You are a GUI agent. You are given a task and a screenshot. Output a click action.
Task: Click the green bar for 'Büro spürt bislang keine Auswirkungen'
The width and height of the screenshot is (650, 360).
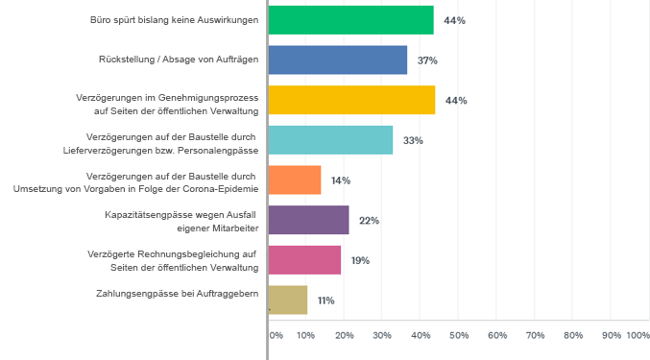tap(350, 20)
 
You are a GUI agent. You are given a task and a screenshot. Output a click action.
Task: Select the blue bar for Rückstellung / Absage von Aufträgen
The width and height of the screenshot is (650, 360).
tap(337, 60)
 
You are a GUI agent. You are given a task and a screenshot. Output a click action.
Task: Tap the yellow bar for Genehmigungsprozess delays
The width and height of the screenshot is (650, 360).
tap(351, 100)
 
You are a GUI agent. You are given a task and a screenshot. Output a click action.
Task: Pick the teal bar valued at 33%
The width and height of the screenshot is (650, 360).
tap(330, 140)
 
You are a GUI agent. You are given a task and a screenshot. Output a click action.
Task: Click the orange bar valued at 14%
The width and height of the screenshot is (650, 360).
tap(295, 180)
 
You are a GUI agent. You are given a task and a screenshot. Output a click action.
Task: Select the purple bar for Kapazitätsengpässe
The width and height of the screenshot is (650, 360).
tap(308, 220)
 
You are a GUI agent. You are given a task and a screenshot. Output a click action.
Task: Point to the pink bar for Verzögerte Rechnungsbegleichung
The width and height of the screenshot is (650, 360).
tap(304, 260)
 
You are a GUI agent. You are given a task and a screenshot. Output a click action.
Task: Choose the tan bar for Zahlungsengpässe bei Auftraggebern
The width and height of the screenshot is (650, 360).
tap(288, 300)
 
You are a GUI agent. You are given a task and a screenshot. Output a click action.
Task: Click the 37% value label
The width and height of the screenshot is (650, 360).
tap(427, 60)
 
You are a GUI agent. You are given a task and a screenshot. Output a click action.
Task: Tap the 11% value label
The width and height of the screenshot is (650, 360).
tap(325, 300)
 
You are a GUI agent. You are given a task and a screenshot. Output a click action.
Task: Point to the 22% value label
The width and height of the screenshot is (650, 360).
tap(369, 221)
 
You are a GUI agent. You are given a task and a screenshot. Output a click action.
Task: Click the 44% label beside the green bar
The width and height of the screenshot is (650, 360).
tap(455, 20)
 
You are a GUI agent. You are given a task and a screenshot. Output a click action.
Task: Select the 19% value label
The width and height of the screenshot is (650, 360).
tap(360, 260)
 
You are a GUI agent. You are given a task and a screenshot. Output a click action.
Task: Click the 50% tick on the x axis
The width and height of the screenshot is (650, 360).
tap(459, 335)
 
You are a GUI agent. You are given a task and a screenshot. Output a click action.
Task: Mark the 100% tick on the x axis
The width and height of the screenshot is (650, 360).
tap(638, 335)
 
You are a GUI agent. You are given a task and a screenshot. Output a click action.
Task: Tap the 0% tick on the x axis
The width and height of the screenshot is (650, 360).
tap(276, 335)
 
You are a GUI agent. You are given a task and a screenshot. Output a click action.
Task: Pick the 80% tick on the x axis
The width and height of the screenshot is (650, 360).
tap(573, 335)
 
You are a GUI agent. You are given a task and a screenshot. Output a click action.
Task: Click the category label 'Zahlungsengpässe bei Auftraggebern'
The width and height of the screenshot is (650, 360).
tap(178, 294)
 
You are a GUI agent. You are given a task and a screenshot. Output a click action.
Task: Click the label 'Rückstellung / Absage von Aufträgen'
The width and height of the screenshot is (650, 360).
tap(179, 60)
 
